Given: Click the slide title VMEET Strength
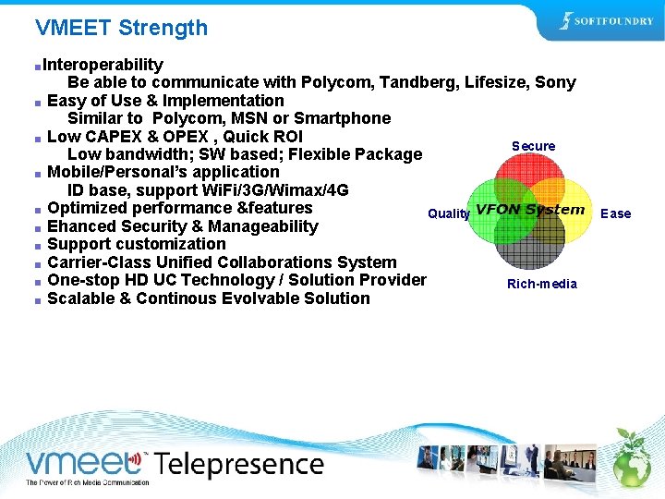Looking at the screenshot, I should click(x=121, y=28).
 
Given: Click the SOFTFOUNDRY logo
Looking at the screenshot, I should click(x=606, y=21).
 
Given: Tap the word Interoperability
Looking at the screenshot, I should click(x=103, y=65).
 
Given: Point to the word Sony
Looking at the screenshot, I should click(x=555, y=82).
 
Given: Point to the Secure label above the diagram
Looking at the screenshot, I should click(x=533, y=146).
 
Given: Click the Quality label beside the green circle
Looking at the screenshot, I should click(x=449, y=213).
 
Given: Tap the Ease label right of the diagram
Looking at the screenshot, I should click(x=615, y=213).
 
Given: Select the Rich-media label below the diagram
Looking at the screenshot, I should click(x=541, y=284).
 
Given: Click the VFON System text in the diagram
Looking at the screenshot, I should click(x=530, y=210).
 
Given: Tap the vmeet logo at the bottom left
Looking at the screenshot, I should click(x=83, y=461).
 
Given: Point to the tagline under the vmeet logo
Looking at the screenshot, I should click(x=87, y=482).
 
